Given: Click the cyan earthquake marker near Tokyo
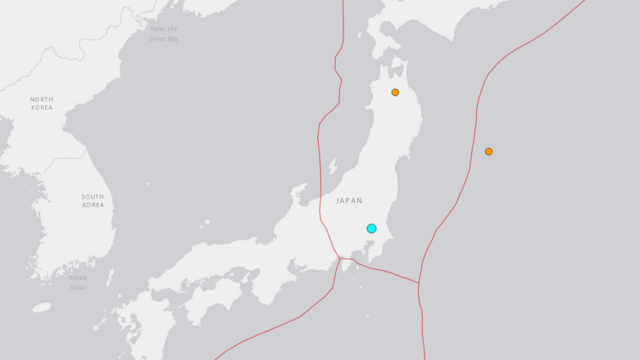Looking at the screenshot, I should tap(371, 228).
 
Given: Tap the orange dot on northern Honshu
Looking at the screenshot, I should tap(395, 93).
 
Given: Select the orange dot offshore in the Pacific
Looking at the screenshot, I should tap(489, 151).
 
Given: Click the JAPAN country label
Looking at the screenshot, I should tap(349, 201).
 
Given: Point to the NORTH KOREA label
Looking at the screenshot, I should tap(42, 103).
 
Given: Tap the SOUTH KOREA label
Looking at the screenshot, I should tap(93, 201).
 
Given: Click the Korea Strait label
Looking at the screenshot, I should tap(78, 283).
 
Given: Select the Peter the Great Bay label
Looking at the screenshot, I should tap(164, 34).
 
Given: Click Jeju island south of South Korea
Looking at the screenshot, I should tap(42, 307).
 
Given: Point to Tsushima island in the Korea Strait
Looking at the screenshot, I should tap(110, 277).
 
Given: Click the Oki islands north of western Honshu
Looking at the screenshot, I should tap(204, 223).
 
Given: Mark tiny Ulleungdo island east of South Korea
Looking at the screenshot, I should tap(148, 184).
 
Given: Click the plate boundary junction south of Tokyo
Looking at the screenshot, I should tap(340, 259).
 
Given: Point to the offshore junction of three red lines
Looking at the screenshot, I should tap(419, 283).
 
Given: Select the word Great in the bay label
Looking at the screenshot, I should tap(157, 39).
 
